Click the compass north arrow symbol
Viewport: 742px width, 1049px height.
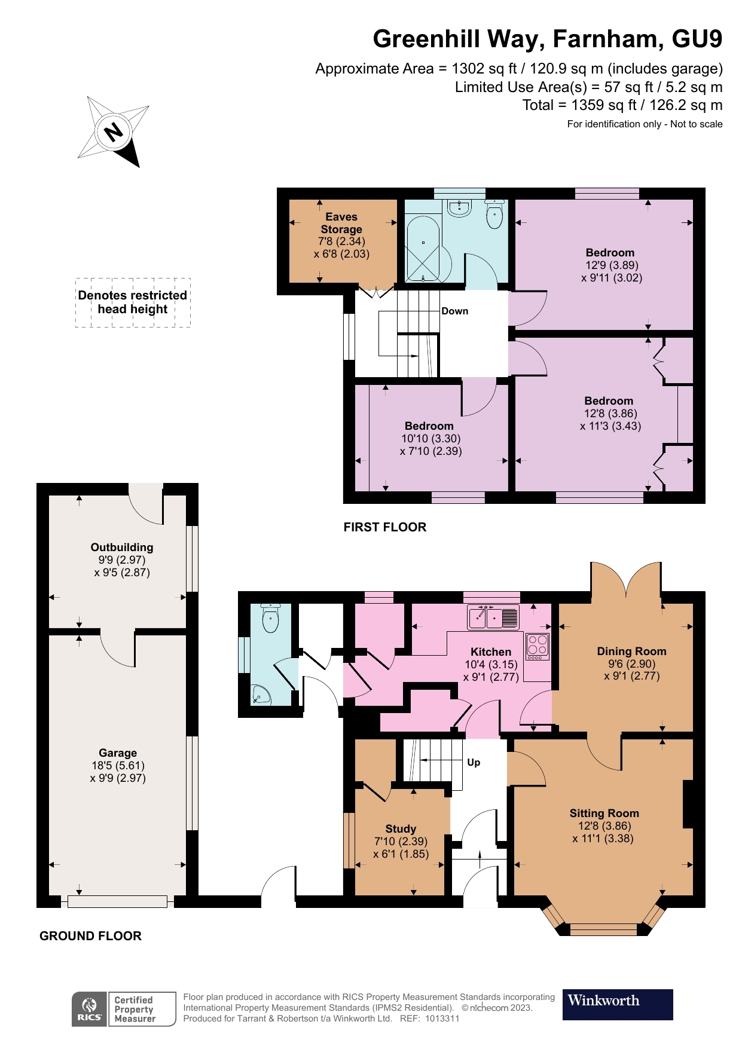[114, 131]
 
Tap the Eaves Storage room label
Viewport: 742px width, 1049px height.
[341, 223]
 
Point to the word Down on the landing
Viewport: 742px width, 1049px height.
[454, 311]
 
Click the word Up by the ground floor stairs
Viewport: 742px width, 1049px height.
[474, 762]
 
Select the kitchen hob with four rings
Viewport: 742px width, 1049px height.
[537, 646]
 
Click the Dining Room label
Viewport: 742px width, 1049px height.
[631, 651]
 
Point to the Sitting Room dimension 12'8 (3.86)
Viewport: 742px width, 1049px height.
[604, 825]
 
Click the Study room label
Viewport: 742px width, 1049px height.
[400, 828]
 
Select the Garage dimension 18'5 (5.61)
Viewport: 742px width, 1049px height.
[117, 765]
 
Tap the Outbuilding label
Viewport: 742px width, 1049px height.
[122, 547]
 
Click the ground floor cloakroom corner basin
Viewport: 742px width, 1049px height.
[261, 695]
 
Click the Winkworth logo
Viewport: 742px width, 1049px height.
[617, 1004]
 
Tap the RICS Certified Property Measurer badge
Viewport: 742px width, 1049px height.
[124, 1009]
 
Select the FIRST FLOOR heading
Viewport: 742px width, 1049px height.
[384, 527]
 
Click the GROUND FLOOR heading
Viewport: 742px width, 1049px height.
[90, 936]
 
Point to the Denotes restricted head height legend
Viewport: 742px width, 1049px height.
[133, 302]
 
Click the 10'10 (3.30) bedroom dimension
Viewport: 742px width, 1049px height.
[430, 438]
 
